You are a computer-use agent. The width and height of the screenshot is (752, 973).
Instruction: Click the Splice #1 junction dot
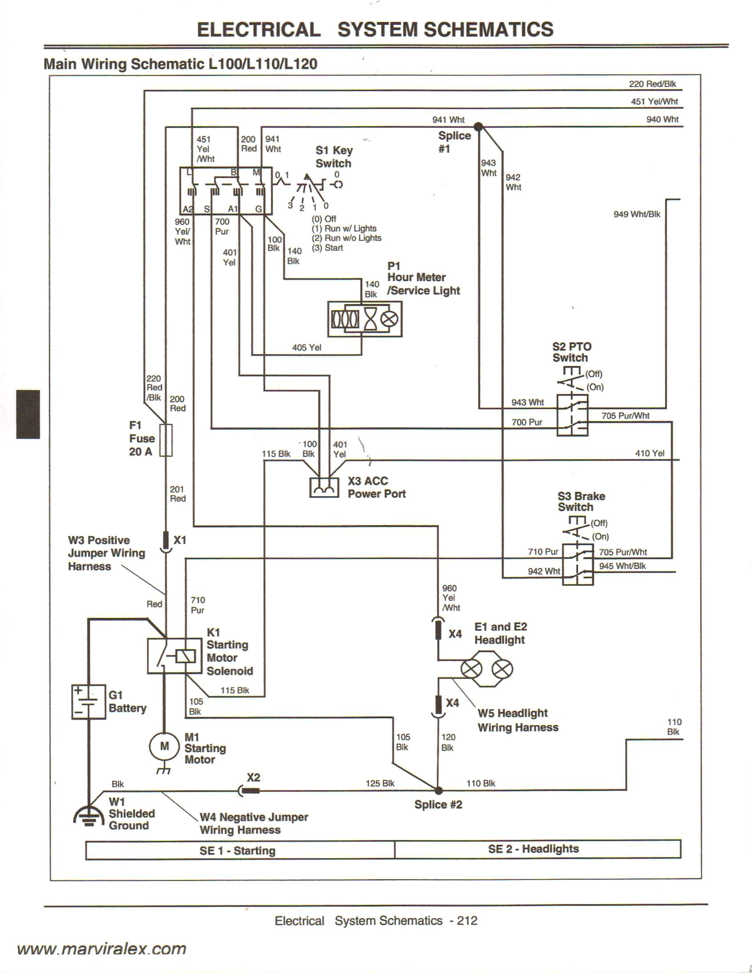[478, 127]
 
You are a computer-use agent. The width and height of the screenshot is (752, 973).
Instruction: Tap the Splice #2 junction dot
[438, 791]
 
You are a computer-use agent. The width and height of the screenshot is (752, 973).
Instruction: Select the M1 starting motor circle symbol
[165, 746]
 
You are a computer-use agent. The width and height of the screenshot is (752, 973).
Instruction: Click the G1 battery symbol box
[88, 702]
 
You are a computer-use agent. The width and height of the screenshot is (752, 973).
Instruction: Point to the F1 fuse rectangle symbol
[166, 440]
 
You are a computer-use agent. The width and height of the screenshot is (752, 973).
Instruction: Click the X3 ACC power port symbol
[324, 488]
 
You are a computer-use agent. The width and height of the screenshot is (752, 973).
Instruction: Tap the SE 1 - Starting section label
[237, 850]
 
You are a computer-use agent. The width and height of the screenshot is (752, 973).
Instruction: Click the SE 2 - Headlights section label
[533, 848]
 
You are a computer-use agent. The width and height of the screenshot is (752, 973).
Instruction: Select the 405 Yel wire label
[306, 347]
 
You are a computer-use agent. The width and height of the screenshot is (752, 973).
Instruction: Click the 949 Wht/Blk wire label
[637, 214]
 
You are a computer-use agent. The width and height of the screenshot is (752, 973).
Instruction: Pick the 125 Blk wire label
[380, 783]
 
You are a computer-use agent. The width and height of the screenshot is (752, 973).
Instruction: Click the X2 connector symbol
[249, 791]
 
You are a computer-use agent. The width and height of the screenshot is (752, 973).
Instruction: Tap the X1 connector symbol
[166, 541]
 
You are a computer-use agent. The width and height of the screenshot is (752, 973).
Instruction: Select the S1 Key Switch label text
[334, 157]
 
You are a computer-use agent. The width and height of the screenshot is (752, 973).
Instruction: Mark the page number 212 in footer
[467, 921]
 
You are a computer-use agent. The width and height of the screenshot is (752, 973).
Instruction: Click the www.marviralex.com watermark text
[101, 949]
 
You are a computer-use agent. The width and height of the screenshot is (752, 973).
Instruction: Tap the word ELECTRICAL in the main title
[258, 30]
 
